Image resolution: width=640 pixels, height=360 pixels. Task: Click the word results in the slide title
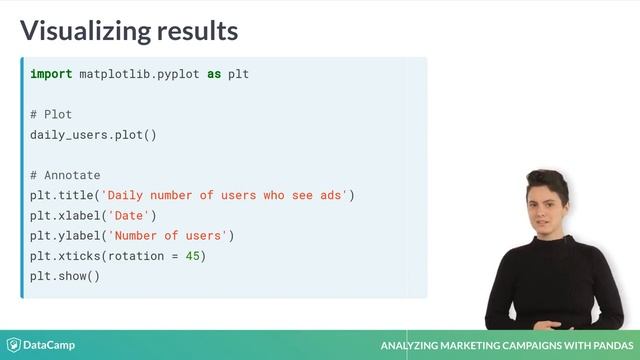click(196, 30)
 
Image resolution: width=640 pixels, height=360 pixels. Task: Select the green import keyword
click(51, 75)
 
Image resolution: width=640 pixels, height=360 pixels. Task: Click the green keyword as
click(214, 75)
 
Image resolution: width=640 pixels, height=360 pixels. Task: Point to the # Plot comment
click(51, 115)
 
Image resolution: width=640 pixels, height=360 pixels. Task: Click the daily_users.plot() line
click(93, 135)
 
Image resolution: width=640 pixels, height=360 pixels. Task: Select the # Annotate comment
click(65, 175)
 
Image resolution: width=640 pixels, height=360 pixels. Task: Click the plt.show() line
click(65, 276)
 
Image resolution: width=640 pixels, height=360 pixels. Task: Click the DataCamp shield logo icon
click(14, 345)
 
